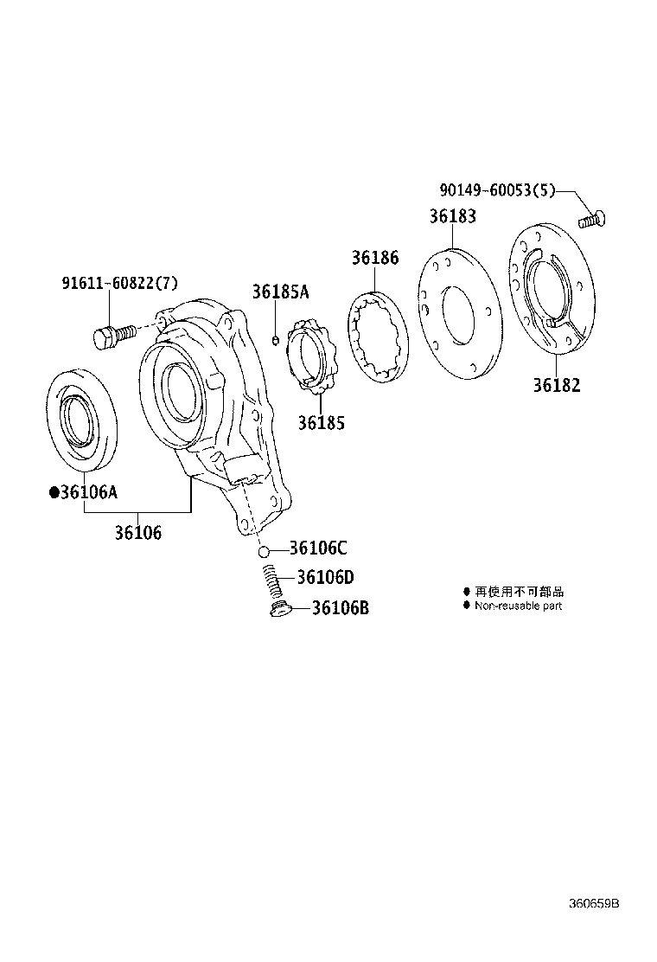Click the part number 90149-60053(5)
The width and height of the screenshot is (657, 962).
click(494, 191)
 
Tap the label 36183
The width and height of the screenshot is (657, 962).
click(453, 217)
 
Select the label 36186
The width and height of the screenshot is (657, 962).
click(375, 257)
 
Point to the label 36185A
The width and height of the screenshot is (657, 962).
click(280, 292)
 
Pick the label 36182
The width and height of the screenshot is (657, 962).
click(557, 385)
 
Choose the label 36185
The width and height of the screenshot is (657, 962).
click(322, 423)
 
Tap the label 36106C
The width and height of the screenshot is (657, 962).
click(318, 548)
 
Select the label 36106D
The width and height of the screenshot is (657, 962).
click(325, 577)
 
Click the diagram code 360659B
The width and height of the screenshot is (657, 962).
click(593, 904)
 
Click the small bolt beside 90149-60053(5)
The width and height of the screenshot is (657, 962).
click(591, 219)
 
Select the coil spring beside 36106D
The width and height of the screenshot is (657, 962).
click(272, 580)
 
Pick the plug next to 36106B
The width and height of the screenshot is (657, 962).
click(279, 611)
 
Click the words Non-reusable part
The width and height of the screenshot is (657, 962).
click(518, 606)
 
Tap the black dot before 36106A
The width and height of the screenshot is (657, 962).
click(54, 492)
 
